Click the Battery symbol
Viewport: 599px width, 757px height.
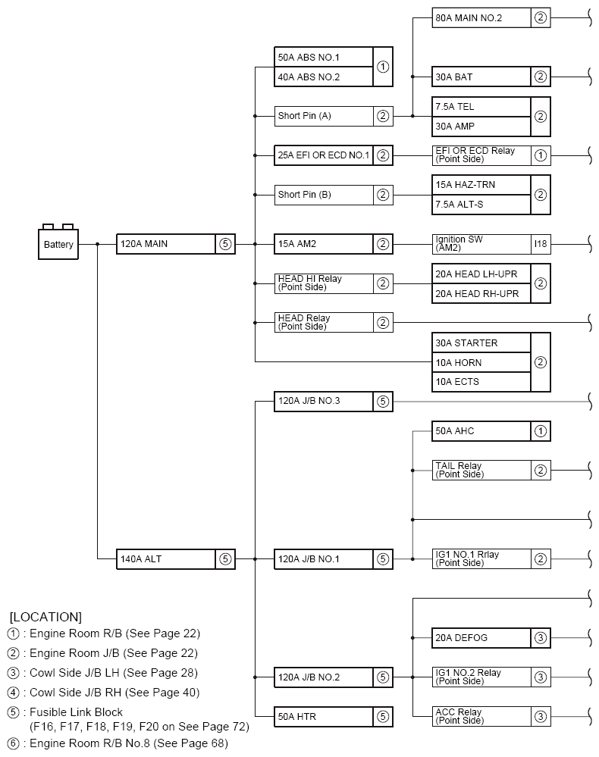click(x=58, y=243)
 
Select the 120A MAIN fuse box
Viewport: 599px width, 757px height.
click(x=166, y=244)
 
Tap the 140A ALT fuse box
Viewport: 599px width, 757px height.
click(x=166, y=559)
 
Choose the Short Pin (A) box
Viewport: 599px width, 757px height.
click(x=324, y=116)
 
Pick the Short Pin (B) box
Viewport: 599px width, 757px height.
click(x=324, y=195)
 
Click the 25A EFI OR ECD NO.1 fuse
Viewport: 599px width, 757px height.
click(x=324, y=155)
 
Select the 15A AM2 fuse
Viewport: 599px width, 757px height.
click(x=324, y=244)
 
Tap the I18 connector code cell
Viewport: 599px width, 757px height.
click(x=541, y=244)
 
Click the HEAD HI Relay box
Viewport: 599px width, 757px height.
click(x=324, y=283)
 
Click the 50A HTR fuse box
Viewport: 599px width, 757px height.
click(x=324, y=716)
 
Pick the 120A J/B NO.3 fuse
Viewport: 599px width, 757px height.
click(x=324, y=402)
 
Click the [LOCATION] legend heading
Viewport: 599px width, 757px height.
click(x=45, y=617)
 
